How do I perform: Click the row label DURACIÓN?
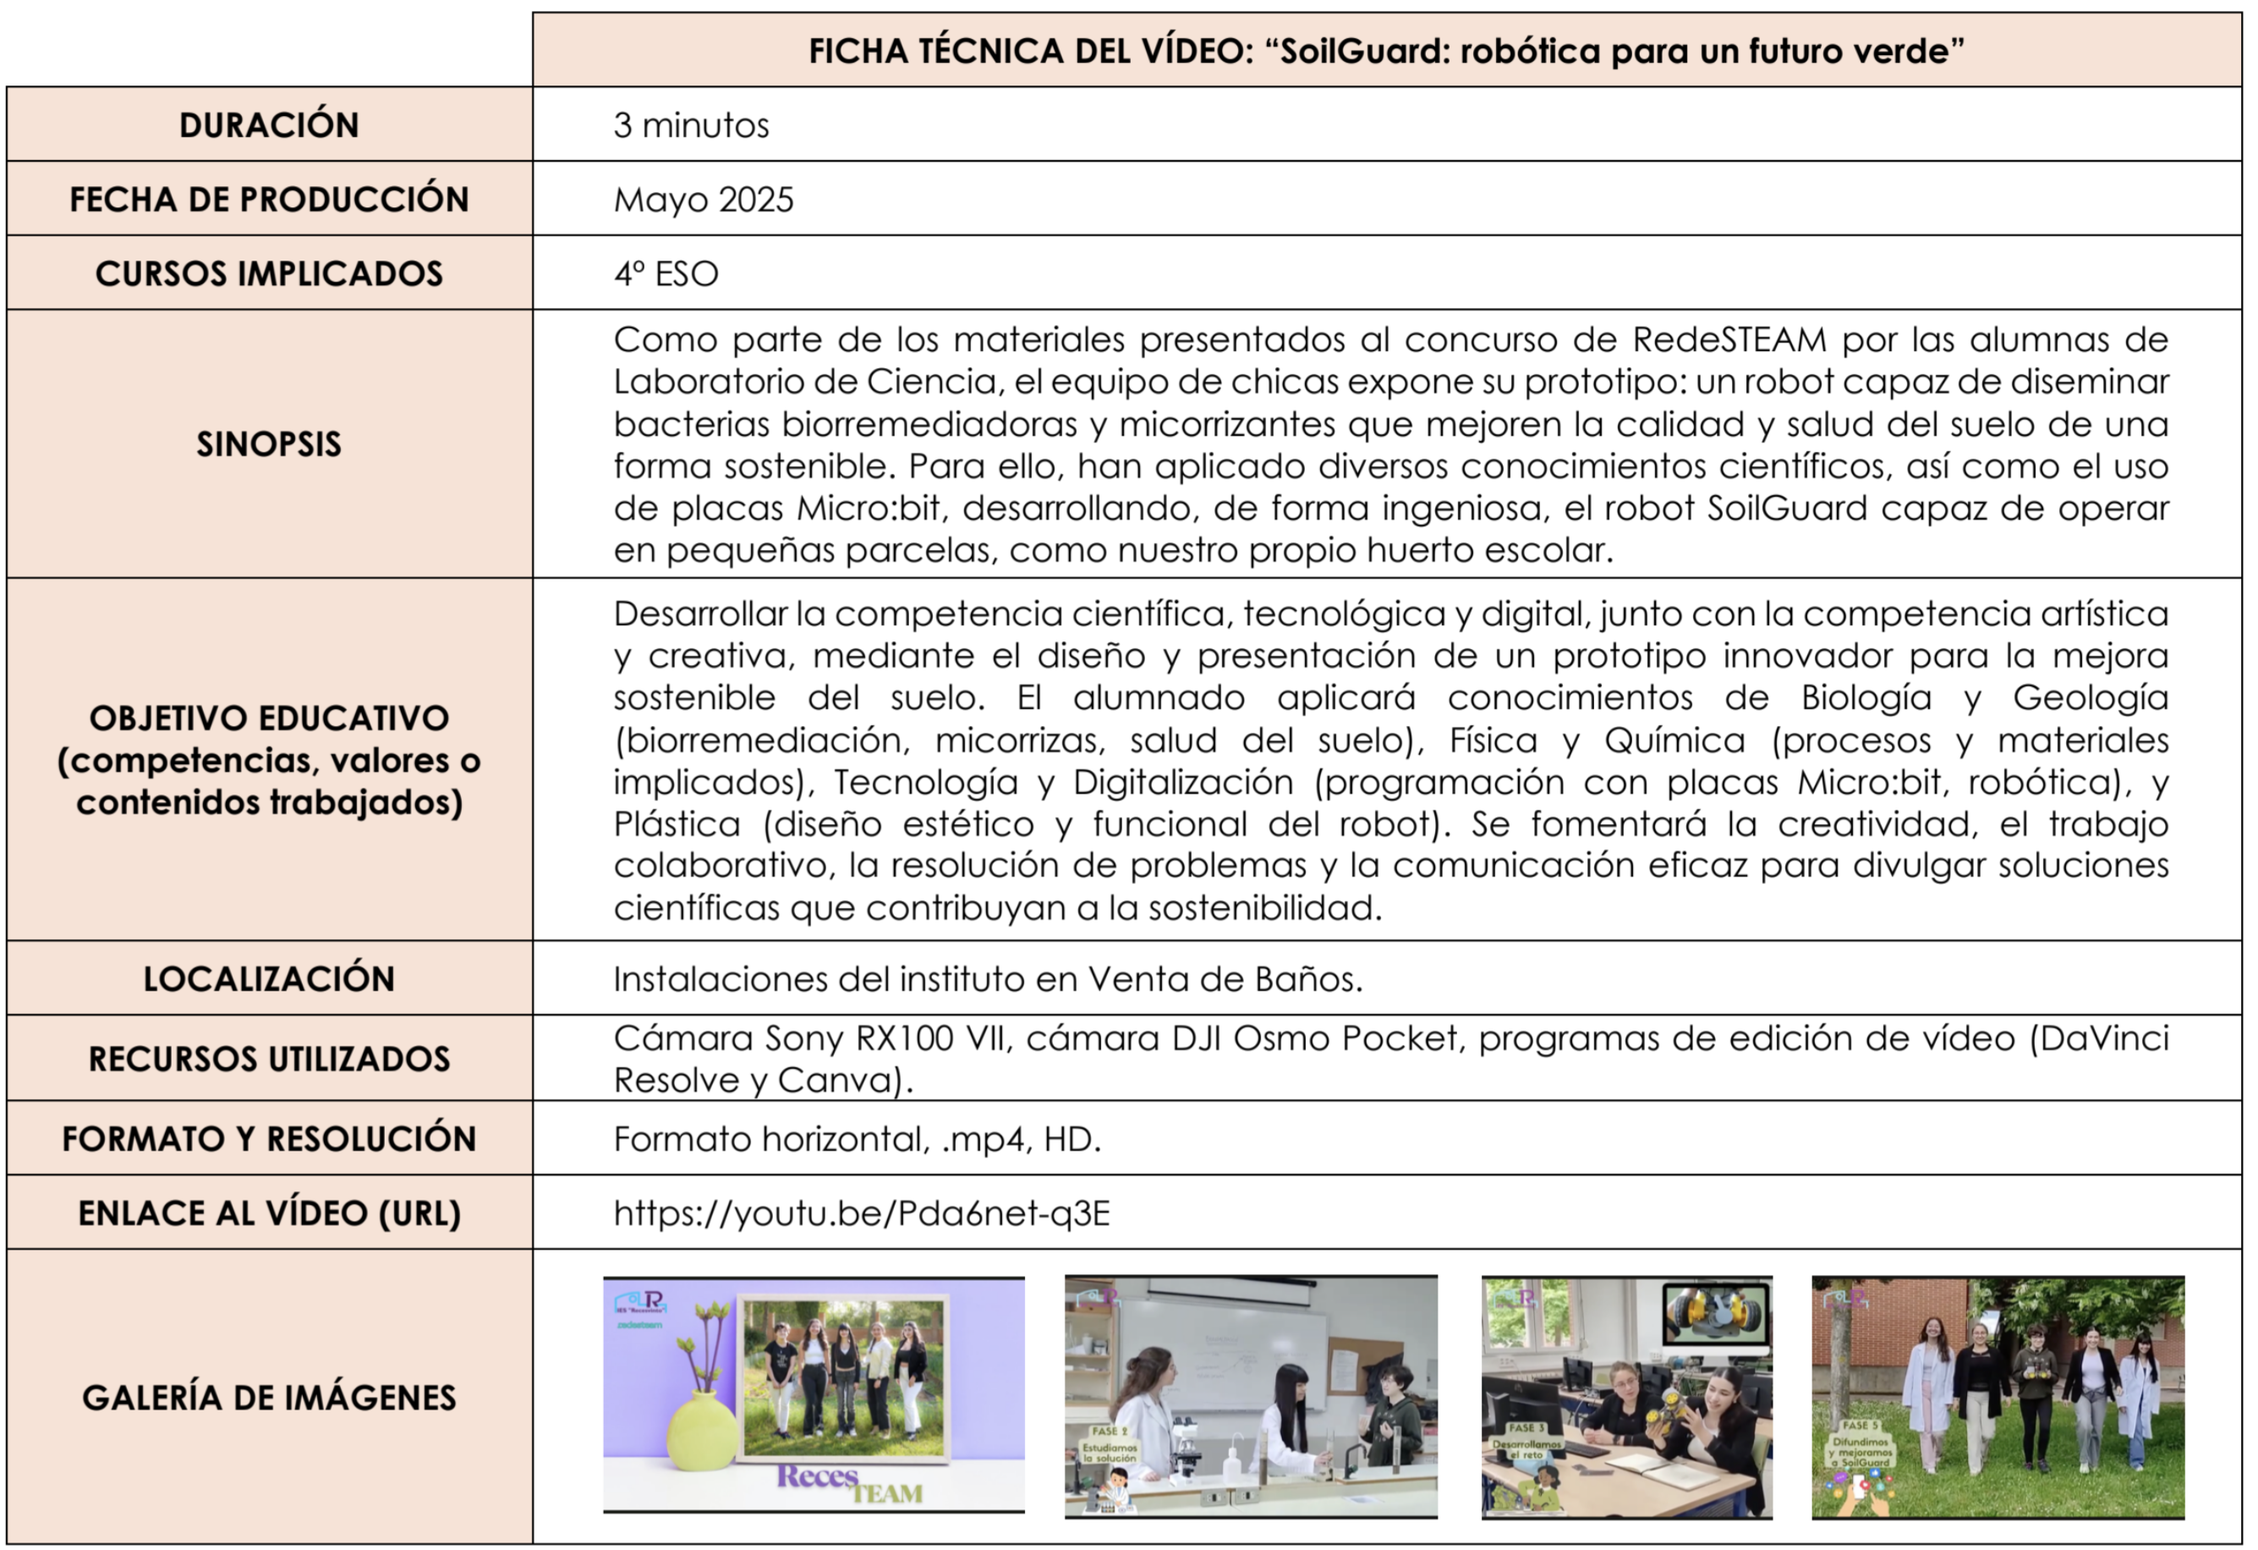tap(269, 125)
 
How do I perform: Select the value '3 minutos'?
tap(691, 125)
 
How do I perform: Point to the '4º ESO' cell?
tap(666, 274)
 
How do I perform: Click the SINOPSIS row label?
tap(269, 444)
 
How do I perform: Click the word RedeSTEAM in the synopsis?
tap(1729, 340)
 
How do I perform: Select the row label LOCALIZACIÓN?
tap(269, 979)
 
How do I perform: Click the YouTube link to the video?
tap(861, 1214)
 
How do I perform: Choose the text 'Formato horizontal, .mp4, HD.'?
tap(857, 1139)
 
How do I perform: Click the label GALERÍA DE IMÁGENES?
tap(269, 1398)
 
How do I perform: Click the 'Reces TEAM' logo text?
tap(849, 1484)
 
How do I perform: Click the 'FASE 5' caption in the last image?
tap(1861, 1426)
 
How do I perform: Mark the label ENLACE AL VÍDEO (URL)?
tap(269, 1214)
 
